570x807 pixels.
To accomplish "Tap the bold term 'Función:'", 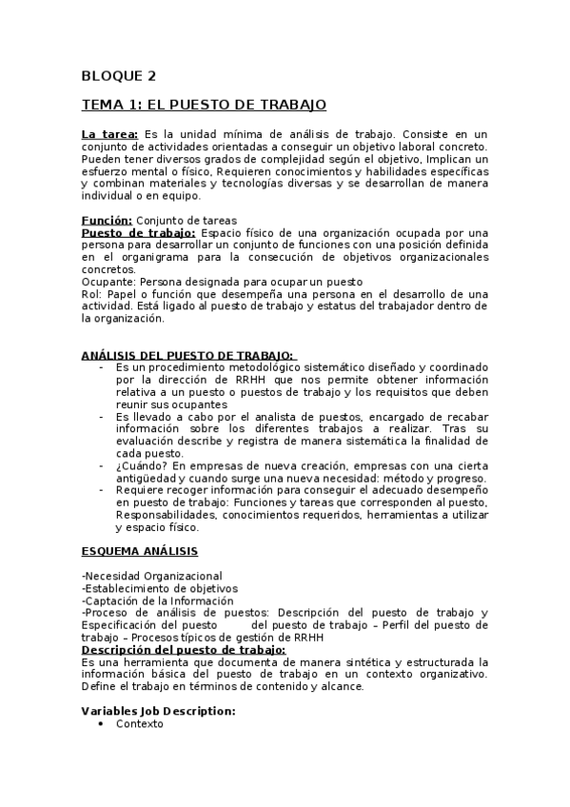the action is click(107, 220).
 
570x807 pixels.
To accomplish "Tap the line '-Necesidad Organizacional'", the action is click(152, 576).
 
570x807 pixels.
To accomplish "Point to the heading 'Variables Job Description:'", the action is click(158, 711).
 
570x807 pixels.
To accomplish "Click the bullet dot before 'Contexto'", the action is click(101, 724).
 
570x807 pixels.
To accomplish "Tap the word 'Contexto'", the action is click(139, 724).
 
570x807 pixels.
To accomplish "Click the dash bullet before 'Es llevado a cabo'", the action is click(102, 416).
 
